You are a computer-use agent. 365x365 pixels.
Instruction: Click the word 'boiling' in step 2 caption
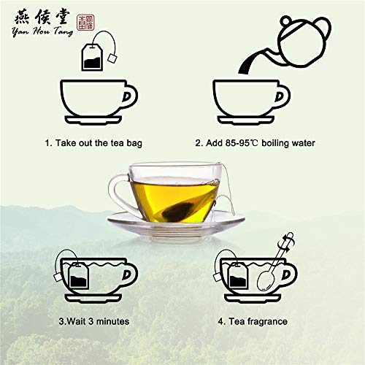pos(275,142)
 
